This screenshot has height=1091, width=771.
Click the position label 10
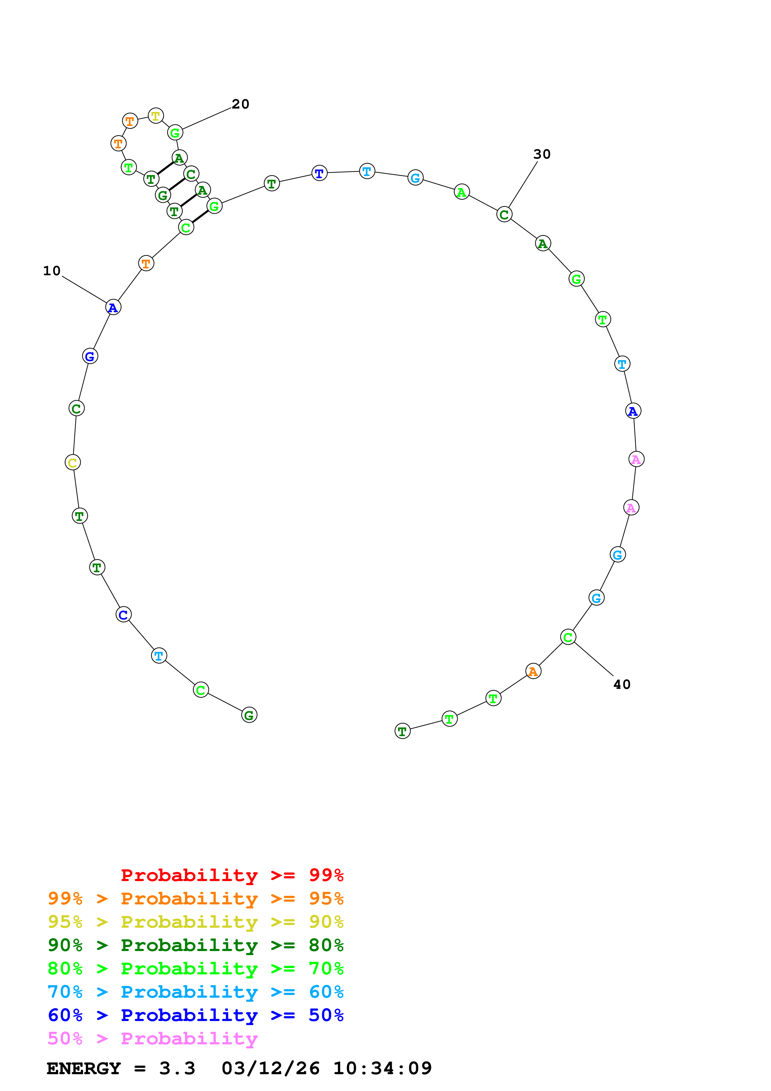click(x=52, y=271)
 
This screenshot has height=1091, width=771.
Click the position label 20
click(x=240, y=104)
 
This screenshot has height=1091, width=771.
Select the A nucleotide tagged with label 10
click(x=113, y=308)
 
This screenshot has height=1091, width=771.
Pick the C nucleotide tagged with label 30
click(x=504, y=215)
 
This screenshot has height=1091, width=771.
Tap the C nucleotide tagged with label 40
click(x=568, y=637)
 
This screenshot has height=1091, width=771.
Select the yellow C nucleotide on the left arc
click(x=73, y=462)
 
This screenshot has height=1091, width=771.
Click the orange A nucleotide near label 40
click(x=533, y=671)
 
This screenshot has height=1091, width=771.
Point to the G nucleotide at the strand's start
click(x=249, y=715)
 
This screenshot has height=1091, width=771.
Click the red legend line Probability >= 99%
click(x=232, y=875)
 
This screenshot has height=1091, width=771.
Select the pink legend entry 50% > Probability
click(x=152, y=1039)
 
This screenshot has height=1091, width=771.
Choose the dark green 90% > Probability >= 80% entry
click(x=195, y=945)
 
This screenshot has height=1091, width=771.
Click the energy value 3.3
click(x=177, y=1069)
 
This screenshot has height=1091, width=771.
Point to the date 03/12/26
click(x=270, y=1069)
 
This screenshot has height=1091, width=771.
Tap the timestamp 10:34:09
click(x=383, y=1069)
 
